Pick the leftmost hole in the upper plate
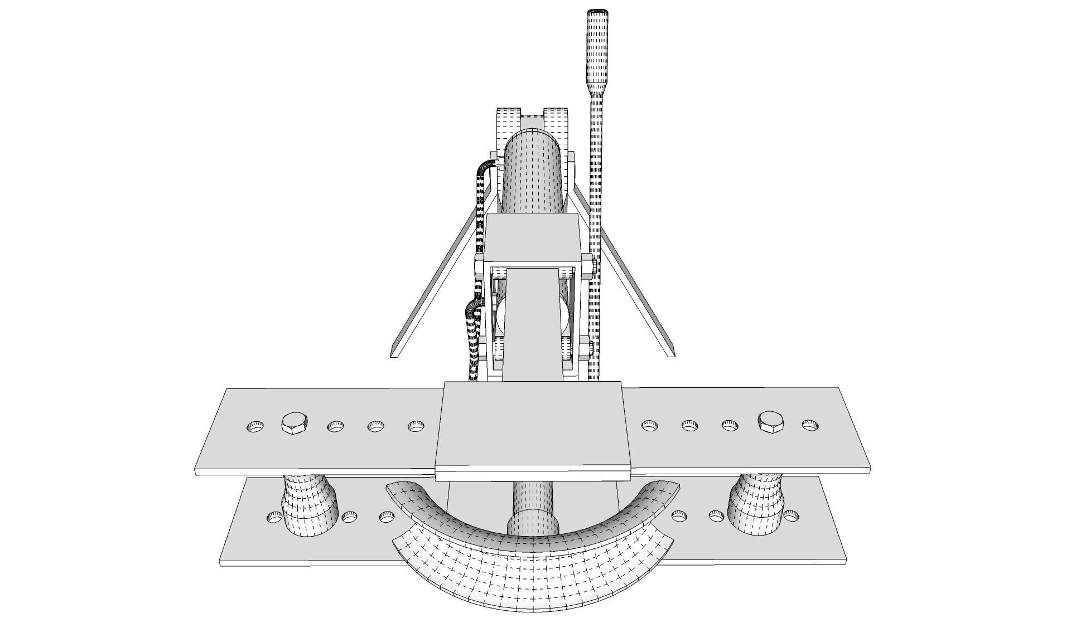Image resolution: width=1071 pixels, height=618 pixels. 255,427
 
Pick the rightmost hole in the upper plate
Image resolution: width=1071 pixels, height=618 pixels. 810,425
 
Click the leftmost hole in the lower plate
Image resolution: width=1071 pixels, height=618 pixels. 274,517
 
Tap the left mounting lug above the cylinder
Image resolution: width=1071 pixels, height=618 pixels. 507,125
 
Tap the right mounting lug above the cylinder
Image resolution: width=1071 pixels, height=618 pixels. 557,125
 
